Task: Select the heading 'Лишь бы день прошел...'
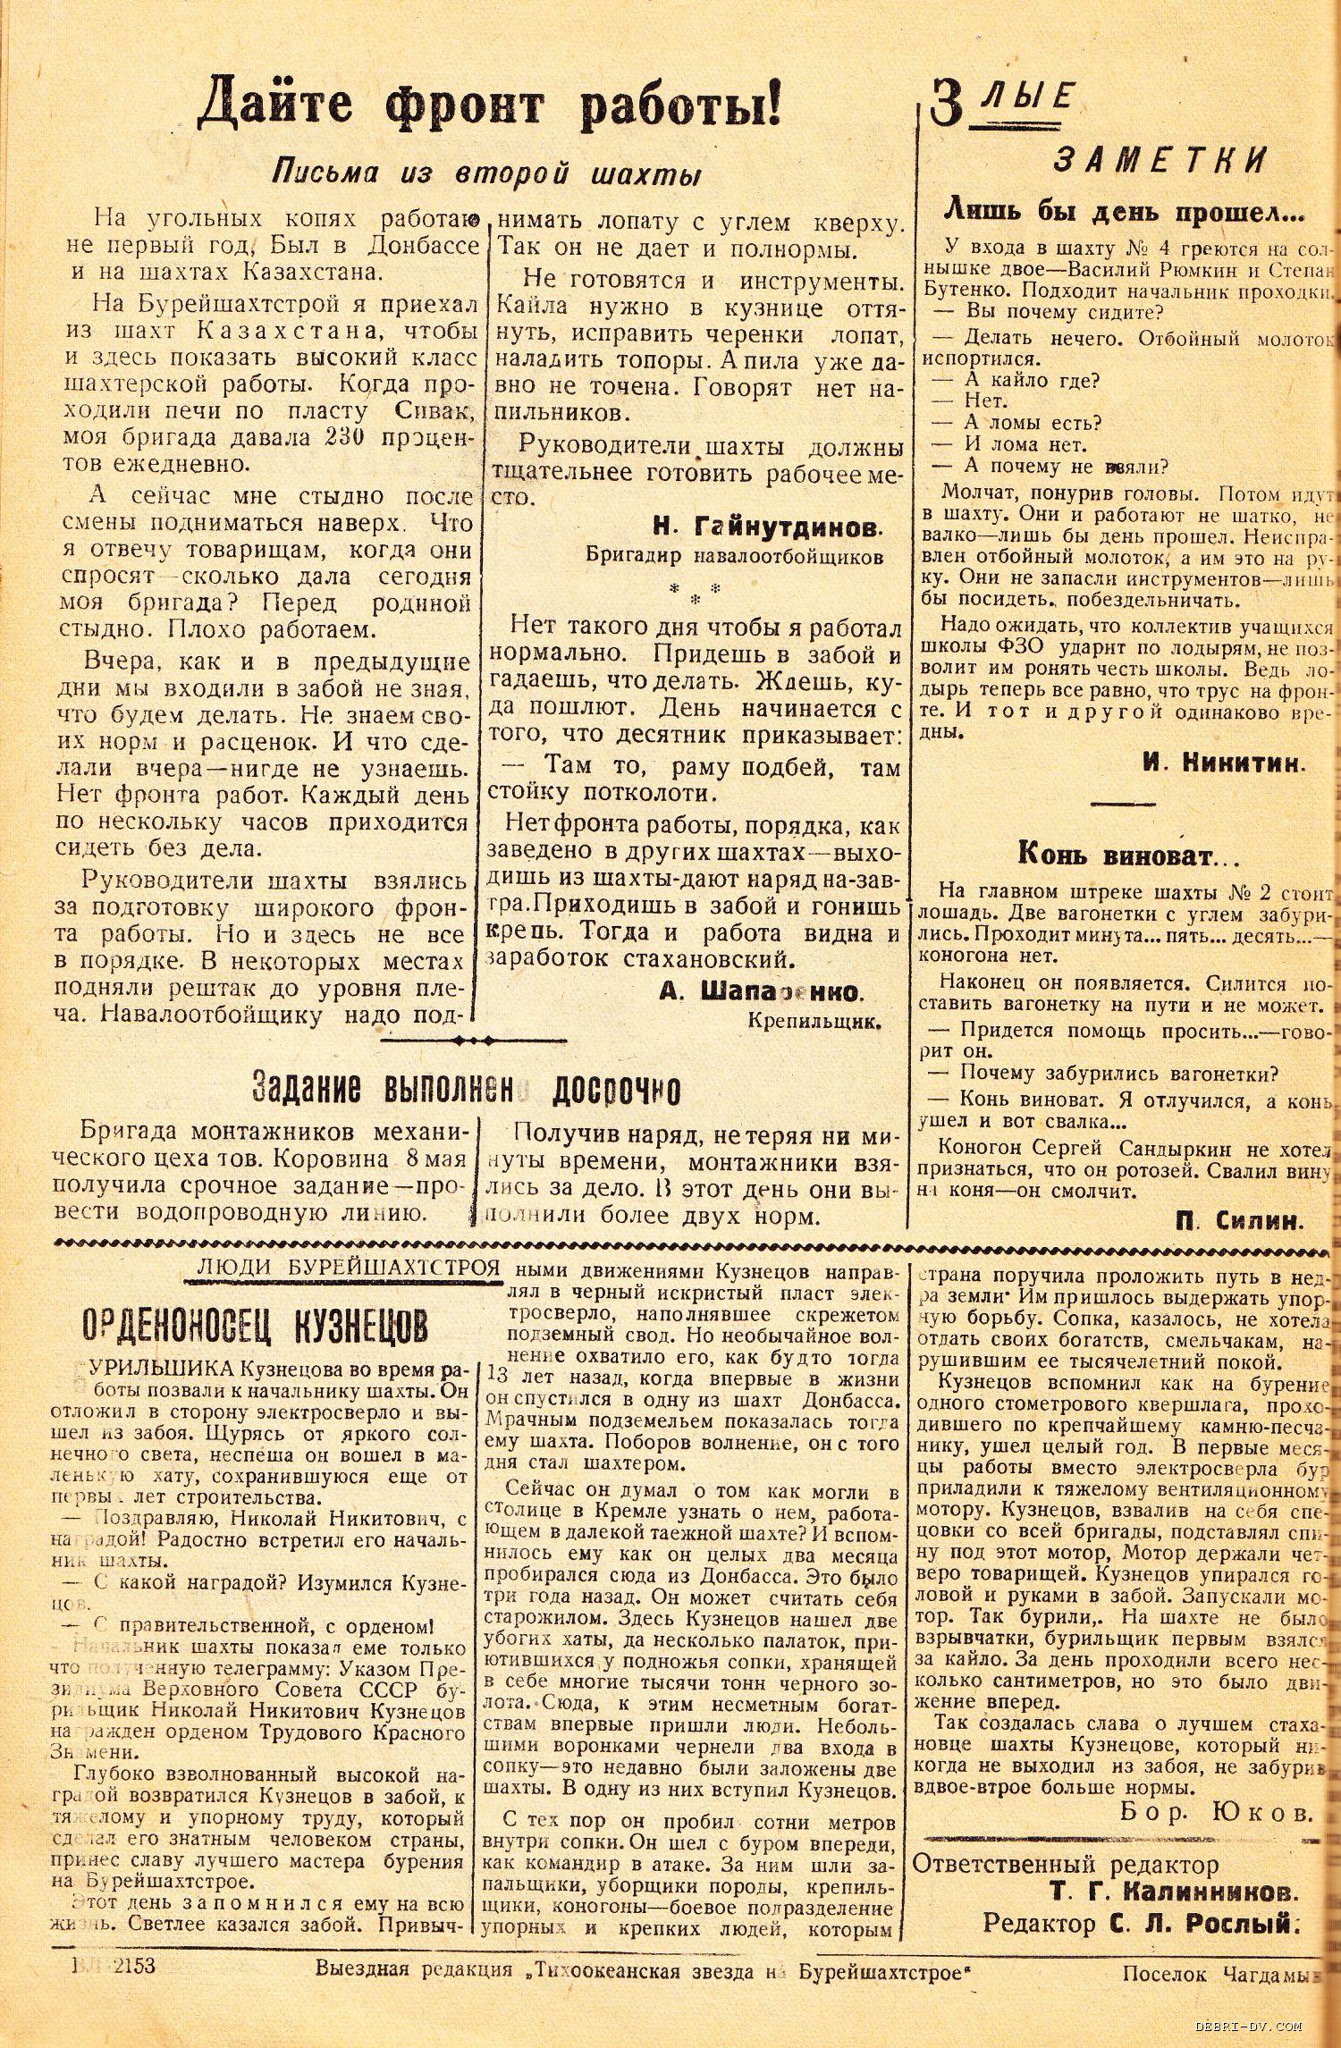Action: coord(1125,213)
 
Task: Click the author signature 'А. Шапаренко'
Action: coord(759,992)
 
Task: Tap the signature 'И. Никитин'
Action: coord(1223,763)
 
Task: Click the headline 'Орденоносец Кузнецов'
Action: coord(254,1327)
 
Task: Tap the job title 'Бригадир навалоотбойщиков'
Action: coord(735,555)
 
